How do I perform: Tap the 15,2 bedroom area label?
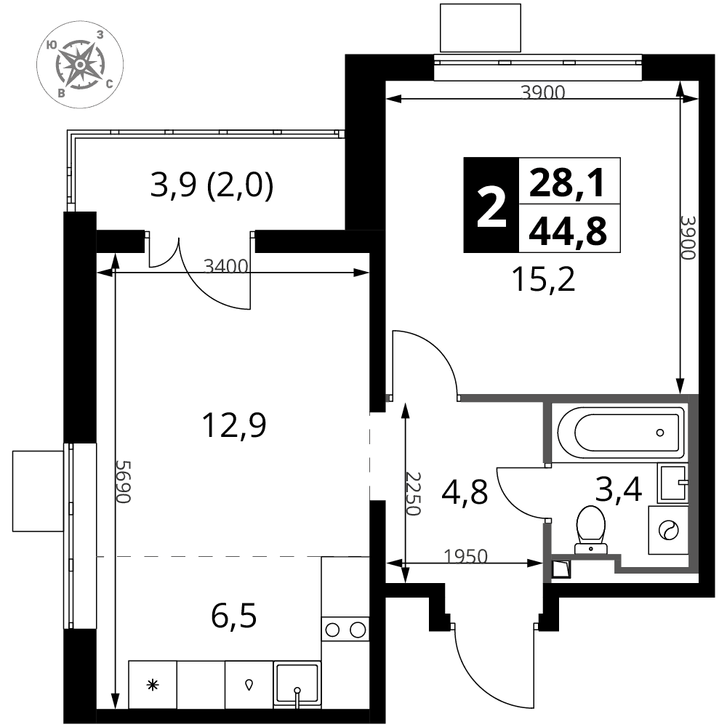point(543,280)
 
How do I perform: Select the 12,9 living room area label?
point(235,425)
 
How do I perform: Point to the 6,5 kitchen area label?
point(233,616)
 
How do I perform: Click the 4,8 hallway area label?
point(465,492)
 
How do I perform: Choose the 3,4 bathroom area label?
point(619,489)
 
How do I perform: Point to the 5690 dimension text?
point(124,481)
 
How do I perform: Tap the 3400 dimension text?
point(226,267)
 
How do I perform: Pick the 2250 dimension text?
point(413,494)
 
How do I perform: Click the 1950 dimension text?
point(466,556)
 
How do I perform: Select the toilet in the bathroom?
point(590,529)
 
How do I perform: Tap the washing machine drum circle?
point(669,529)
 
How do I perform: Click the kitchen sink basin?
point(297,684)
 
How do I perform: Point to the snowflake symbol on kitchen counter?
point(153,684)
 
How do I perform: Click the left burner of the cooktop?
point(332,630)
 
